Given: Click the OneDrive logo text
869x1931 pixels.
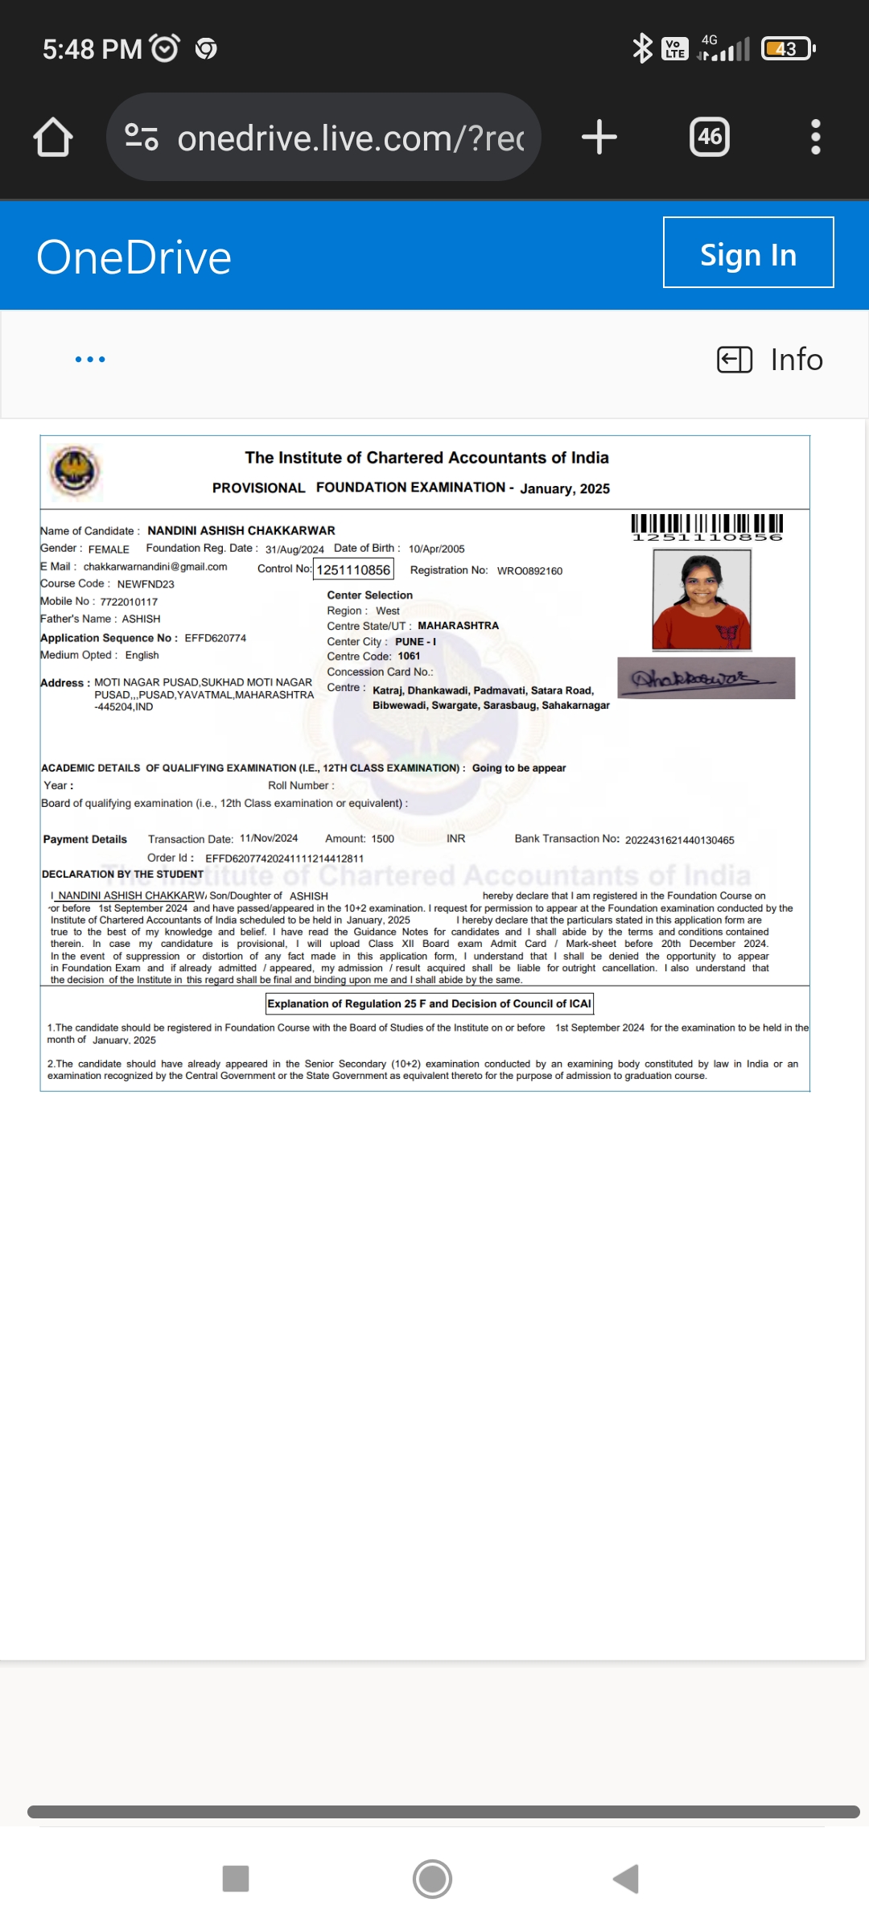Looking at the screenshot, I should (134, 257).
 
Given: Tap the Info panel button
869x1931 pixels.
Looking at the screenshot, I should (770, 360).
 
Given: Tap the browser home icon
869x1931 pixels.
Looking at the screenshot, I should (53, 137).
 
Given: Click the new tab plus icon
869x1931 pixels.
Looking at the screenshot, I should (599, 137).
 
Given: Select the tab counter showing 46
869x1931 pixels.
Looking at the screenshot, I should (710, 137).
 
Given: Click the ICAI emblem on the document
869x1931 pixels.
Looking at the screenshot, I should (74, 471).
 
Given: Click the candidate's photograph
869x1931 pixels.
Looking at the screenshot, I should (702, 599).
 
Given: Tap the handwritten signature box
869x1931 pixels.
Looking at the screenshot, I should (706, 678).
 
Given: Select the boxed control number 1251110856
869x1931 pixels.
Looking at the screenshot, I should (353, 570).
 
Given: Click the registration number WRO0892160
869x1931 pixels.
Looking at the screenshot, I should (529, 570).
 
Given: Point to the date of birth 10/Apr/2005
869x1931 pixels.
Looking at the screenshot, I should (436, 549).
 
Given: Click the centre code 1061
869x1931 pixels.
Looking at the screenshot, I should (409, 657).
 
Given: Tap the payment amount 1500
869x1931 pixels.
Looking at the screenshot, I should (382, 838).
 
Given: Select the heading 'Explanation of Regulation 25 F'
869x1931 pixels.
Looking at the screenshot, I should (429, 1003).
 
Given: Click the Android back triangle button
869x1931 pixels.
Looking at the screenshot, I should (626, 1879).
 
